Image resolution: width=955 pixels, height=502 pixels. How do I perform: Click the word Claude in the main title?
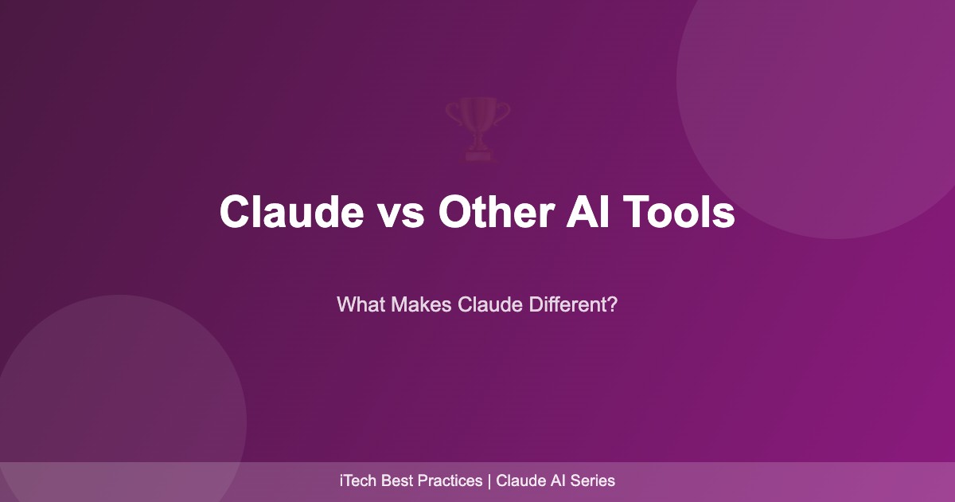point(291,212)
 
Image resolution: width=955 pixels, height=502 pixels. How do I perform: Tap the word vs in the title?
point(401,216)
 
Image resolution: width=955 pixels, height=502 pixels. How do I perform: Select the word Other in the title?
point(497,212)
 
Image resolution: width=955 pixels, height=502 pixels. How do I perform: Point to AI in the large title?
point(588,212)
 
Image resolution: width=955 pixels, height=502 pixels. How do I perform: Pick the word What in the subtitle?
point(361,304)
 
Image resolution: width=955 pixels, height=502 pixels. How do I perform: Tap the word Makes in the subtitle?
point(421,304)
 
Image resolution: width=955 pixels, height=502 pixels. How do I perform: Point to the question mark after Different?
point(613,304)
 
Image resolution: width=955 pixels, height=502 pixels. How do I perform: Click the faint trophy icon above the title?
point(477,129)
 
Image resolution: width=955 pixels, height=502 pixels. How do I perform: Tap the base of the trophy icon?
point(478,156)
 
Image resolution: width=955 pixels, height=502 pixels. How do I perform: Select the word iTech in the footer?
point(357,480)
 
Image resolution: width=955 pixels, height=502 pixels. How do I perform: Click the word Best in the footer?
point(396,480)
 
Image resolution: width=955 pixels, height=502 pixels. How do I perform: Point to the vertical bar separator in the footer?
point(489,481)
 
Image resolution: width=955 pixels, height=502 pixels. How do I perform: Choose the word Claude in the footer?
point(520,480)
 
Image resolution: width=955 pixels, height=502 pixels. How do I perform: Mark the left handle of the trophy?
point(453,113)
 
